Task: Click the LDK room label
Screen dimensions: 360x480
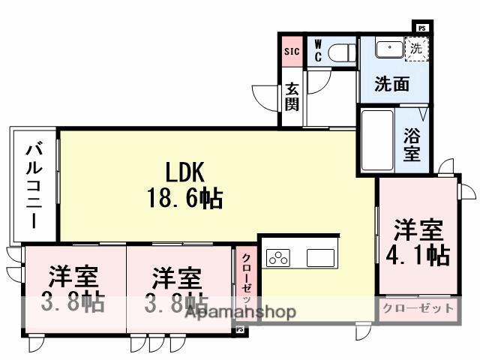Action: [x=181, y=172]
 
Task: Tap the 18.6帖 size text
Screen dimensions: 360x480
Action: [x=181, y=198]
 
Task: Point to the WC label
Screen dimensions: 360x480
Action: [x=318, y=51]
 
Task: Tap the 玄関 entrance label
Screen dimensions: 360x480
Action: [x=292, y=94]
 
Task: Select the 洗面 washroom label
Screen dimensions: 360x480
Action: [x=392, y=84]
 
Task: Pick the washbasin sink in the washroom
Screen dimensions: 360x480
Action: [x=388, y=49]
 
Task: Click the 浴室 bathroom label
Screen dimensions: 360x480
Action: [x=412, y=144]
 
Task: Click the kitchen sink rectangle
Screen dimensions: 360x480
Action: [x=323, y=256]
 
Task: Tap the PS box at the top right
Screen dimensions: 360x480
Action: [x=422, y=28]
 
